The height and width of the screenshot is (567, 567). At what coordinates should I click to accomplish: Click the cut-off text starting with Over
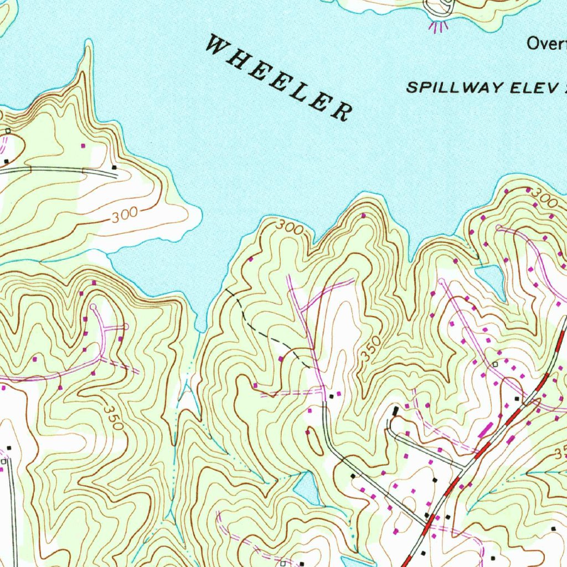tap(546, 43)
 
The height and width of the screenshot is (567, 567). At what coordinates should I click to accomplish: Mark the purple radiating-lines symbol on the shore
tap(438, 26)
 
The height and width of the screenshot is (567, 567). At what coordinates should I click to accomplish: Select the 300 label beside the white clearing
tap(123, 217)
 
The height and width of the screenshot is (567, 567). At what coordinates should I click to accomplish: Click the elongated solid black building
tap(395, 411)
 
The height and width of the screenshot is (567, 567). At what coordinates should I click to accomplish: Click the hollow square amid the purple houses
tap(495, 364)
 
